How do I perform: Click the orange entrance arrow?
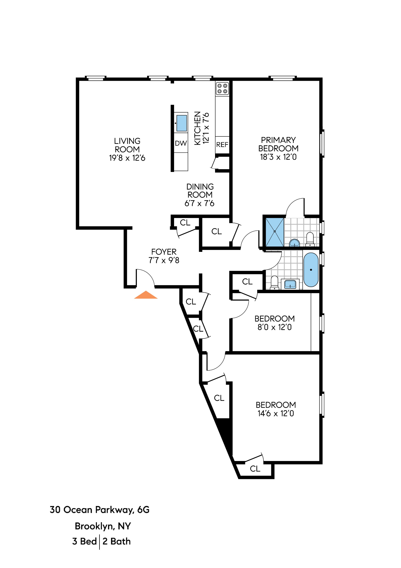pos(146,295)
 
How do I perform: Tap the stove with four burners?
pos(222,89)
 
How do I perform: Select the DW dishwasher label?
pos(181,143)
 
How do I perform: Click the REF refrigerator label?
pos(222,145)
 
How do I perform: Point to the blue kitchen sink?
pos(182,123)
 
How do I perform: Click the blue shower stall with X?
pos(275,232)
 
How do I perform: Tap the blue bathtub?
pos(311,270)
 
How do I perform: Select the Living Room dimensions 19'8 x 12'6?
pos(127,158)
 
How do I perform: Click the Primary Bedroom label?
pos(278,144)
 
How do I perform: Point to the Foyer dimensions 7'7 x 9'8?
pos(164,260)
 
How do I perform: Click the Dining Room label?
pos(200,191)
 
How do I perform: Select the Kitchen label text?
pos(197,128)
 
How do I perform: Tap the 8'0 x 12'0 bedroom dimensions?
pos(275,327)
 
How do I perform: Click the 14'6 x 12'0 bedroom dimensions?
pos(276,414)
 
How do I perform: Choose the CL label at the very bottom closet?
pos(255,469)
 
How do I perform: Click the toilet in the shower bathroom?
pos(310,239)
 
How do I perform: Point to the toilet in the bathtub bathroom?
pos(274,283)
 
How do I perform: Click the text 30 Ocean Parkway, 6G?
pos(99,510)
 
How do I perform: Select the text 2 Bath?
pos(116,541)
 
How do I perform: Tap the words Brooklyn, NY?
pos(103,526)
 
